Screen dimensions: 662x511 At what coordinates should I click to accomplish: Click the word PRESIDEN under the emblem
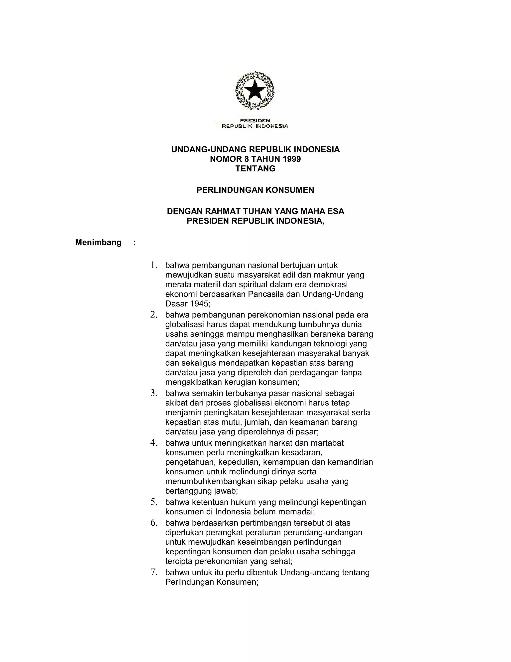255,120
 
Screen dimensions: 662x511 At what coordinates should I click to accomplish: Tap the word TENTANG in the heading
255,169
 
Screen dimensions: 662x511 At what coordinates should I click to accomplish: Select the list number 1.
153,265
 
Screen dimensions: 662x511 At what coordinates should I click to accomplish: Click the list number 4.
153,443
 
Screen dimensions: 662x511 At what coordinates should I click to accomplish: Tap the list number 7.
153,572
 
